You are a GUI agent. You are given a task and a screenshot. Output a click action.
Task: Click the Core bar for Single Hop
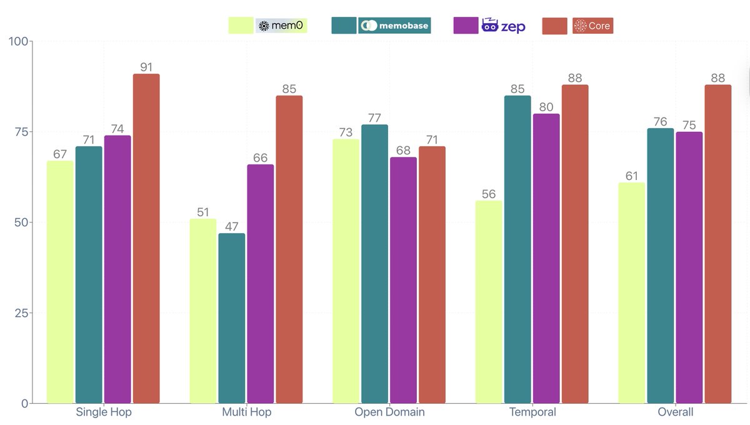pyautogui.click(x=146, y=237)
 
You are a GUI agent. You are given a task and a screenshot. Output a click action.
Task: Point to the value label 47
pyautogui.click(x=232, y=227)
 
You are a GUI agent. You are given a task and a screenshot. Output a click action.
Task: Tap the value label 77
pyautogui.click(x=375, y=118)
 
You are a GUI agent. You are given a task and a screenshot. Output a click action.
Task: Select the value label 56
pyautogui.click(x=489, y=194)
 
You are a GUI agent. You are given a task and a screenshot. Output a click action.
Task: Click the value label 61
pyautogui.click(x=632, y=176)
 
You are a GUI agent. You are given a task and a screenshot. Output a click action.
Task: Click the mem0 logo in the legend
pyautogui.click(x=281, y=26)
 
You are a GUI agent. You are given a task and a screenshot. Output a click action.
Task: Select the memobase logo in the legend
pyautogui.click(x=394, y=26)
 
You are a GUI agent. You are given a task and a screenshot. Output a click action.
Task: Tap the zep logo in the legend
pyautogui.click(x=503, y=26)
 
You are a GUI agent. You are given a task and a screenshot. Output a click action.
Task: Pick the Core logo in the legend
pyautogui.click(x=592, y=26)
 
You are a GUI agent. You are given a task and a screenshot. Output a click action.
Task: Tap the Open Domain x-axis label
pyautogui.click(x=389, y=412)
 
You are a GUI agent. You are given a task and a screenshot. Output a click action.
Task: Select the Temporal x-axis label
pyautogui.click(x=532, y=412)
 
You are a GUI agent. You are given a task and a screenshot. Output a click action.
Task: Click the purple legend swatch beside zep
pyautogui.click(x=464, y=26)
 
